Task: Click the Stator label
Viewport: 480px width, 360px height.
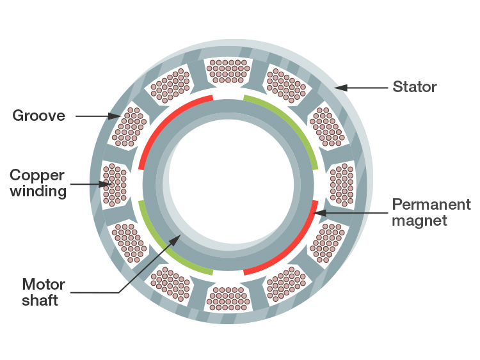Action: pos(415,86)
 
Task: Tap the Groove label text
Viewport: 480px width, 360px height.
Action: pos(39,116)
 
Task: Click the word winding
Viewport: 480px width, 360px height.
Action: pos(38,191)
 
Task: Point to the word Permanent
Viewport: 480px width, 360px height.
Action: pos(431,205)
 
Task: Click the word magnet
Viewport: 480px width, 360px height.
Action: pos(419,221)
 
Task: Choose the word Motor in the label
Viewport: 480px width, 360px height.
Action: pos(40,284)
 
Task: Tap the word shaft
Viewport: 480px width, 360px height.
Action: pos(40,300)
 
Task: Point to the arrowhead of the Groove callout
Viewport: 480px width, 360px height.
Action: pos(118,116)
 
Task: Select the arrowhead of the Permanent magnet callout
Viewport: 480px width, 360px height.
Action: pos(316,212)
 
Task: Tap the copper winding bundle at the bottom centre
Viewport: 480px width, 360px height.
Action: pos(228,299)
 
